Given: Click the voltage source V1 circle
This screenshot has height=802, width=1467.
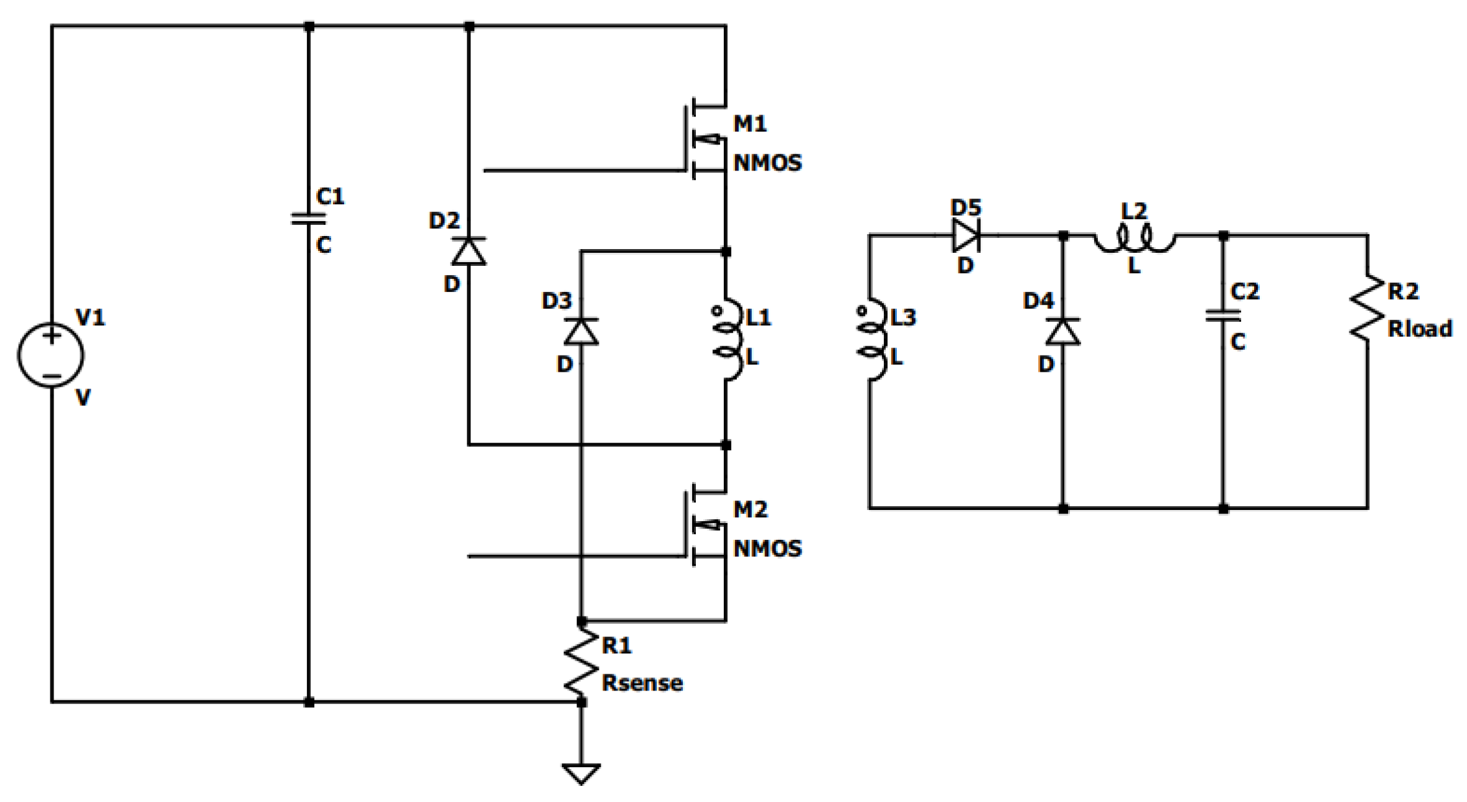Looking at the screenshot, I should [50, 355].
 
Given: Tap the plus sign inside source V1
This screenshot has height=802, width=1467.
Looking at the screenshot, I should [52, 336].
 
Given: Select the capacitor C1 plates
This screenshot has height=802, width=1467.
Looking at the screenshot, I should [309, 219].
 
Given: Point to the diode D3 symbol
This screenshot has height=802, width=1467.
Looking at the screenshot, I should [581, 331].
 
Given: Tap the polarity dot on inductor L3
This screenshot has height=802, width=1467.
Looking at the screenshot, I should [862, 311].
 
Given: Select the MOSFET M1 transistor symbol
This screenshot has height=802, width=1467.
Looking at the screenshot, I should [706, 139].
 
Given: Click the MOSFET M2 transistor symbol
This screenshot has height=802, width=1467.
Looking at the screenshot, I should [706, 525].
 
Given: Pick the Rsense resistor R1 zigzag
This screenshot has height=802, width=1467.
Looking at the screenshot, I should [581, 662].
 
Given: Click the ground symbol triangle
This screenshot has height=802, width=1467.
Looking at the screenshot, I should [581, 773].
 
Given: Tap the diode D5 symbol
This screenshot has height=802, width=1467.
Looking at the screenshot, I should [965, 235].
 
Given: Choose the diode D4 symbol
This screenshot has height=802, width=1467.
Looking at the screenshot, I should [1062, 331].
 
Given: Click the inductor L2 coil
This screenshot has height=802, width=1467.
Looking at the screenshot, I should [1135, 240].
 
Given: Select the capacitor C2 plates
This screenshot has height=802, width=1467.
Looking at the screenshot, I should [1223, 316].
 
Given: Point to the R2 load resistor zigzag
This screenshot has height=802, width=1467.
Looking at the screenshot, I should [1367, 308].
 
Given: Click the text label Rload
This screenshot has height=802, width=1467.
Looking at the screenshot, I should [1420, 329].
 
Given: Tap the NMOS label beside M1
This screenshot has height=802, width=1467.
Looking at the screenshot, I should [767, 163].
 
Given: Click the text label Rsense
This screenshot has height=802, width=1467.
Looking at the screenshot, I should [642, 683].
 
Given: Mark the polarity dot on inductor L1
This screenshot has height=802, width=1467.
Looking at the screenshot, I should [716, 311].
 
